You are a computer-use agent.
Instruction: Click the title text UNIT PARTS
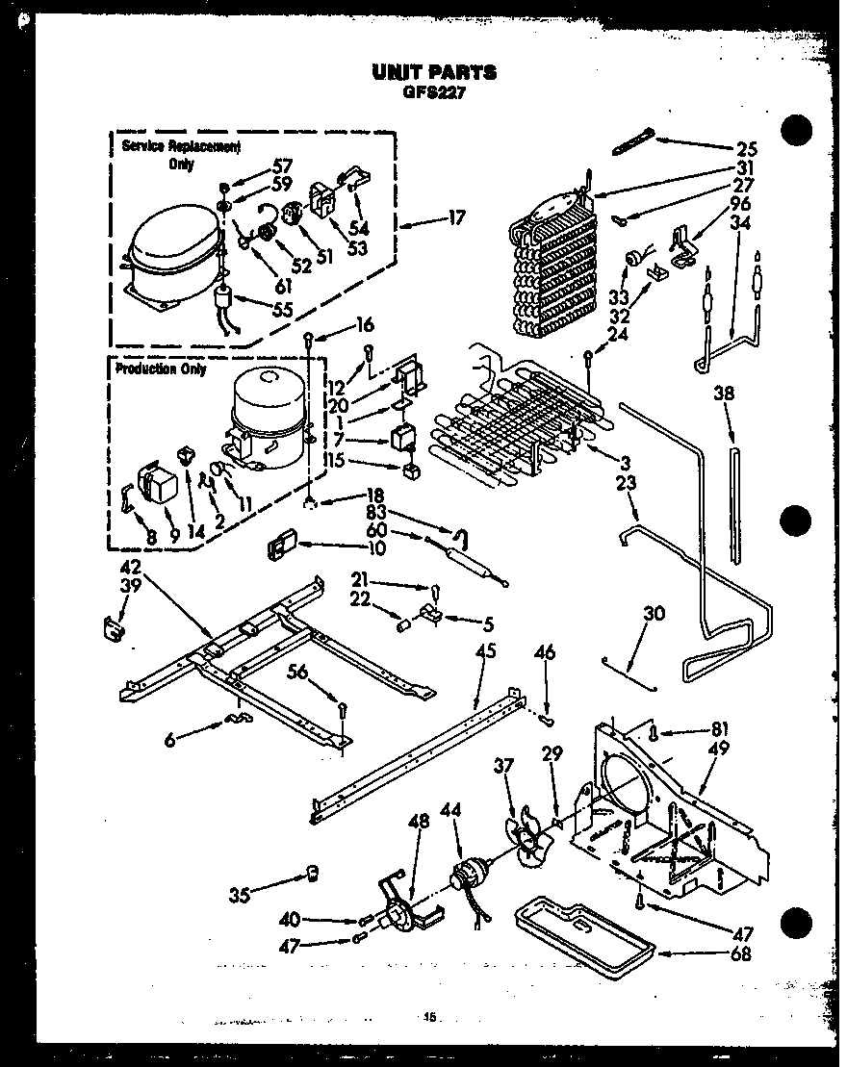point(434,71)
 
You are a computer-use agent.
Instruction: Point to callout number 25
point(746,149)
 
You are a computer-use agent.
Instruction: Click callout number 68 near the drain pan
point(740,954)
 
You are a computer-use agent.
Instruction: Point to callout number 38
point(724,393)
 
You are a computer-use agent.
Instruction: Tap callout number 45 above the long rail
point(485,651)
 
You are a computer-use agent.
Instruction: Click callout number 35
point(240,895)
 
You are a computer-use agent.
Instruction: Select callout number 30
point(654,613)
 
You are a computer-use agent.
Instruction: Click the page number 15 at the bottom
point(429,1016)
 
